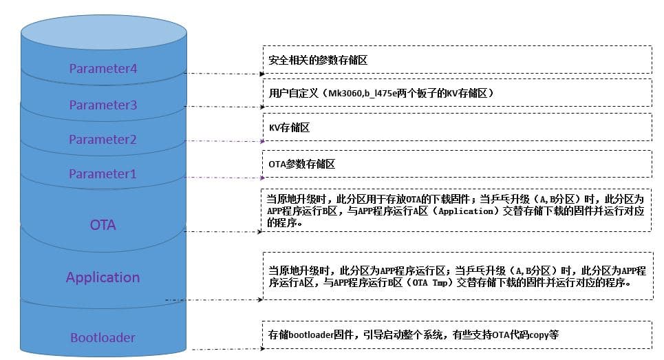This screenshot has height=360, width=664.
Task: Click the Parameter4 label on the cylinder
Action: (x=103, y=69)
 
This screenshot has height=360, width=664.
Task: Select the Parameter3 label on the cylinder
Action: (x=103, y=105)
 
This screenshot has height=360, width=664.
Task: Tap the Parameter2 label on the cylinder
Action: (x=103, y=140)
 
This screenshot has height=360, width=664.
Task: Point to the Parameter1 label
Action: (x=103, y=174)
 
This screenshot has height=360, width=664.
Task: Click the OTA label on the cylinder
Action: (x=103, y=225)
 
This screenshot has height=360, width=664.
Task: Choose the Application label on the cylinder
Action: (x=103, y=277)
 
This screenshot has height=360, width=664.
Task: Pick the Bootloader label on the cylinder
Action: (x=103, y=338)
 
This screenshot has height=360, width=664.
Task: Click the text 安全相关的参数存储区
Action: (x=318, y=60)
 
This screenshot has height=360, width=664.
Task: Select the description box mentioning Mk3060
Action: (x=457, y=93)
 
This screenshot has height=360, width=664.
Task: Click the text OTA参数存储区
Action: (x=301, y=165)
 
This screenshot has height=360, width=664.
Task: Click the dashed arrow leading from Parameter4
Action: (x=223, y=73)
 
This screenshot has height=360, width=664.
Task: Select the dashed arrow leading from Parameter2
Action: (x=223, y=141)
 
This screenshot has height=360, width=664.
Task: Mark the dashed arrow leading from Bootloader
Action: (x=223, y=349)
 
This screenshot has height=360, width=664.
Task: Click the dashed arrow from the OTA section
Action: (x=223, y=232)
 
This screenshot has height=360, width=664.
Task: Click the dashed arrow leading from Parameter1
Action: (x=223, y=178)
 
